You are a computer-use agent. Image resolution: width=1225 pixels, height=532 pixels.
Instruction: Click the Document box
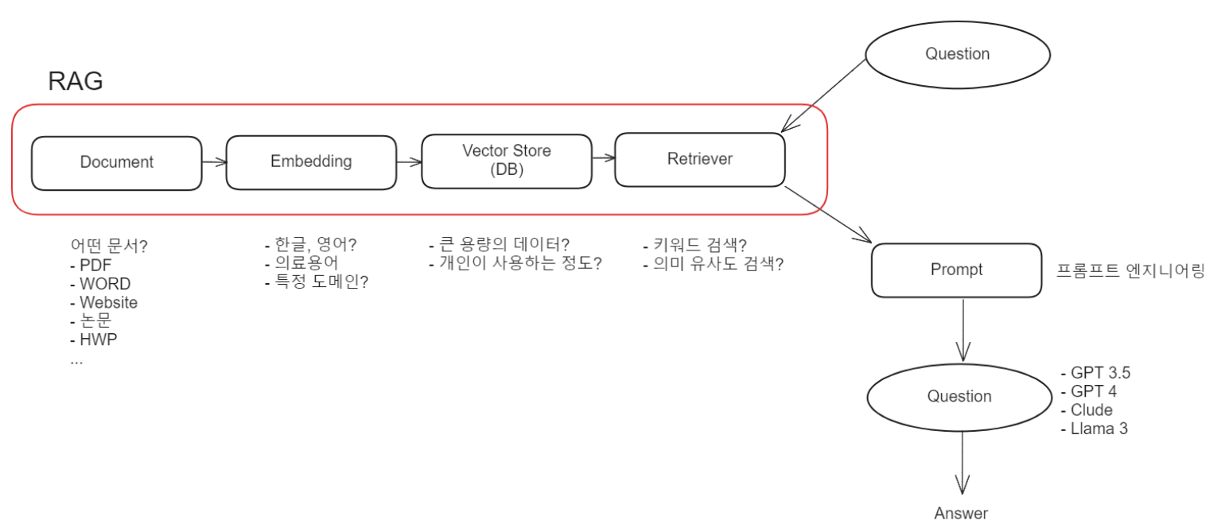click(116, 163)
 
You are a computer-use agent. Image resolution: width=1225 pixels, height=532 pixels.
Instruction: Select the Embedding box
click(311, 162)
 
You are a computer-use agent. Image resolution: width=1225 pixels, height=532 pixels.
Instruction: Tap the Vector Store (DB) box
click(506, 161)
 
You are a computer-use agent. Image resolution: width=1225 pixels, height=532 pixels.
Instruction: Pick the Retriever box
click(700, 159)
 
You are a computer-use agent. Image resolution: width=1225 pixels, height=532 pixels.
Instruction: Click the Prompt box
click(956, 270)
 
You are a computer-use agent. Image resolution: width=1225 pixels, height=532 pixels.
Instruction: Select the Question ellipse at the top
click(957, 54)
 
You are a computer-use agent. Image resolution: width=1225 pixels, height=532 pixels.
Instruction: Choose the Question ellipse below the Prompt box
click(959, 396)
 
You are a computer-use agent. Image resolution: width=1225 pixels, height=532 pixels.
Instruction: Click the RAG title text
click(76, 82)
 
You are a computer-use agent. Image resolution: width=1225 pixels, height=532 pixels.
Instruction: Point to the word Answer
click(961, 514)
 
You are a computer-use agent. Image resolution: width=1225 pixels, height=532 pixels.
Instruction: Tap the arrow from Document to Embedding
click(214, 162)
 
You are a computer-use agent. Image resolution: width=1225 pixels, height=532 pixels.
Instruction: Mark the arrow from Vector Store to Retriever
click(604, 157)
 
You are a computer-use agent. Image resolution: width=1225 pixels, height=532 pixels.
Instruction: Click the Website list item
click(108, 303)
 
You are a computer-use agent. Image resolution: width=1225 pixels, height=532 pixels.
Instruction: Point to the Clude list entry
click(1091, 410)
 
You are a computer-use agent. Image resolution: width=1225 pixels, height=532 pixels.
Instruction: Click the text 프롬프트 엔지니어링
click(1130, 271)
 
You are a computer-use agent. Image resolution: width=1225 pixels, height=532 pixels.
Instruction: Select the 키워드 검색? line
click(699, 245)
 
